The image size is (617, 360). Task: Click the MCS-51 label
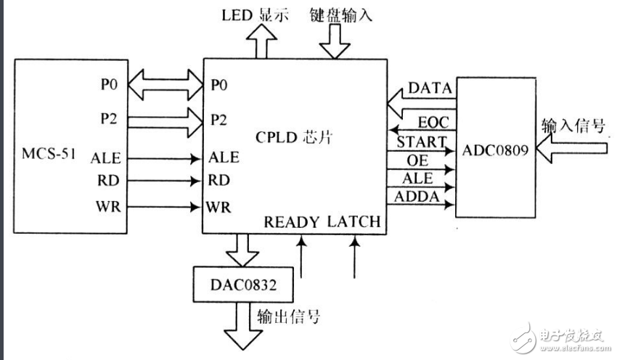[x=49, y=155]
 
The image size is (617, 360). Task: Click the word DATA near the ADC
[x=430, y=88]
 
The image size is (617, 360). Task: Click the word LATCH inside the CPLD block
[x=353, y=221]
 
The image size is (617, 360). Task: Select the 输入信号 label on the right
[x=573, y=126]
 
